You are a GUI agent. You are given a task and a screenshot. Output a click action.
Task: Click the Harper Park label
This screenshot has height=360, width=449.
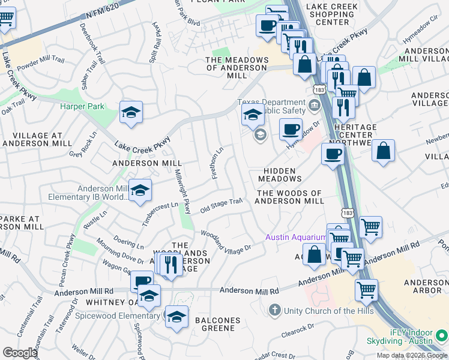(x=82, y=107)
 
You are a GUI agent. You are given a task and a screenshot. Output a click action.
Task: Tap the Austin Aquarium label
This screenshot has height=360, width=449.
(x=296, y=238)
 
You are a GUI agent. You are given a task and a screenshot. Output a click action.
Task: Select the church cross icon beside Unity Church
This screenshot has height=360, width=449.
(x=274, y=310)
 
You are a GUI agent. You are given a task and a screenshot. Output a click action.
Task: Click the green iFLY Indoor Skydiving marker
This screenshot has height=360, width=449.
(x=442, y=335)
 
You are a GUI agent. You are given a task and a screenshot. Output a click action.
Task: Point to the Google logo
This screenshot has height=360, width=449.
(x=19, y=353)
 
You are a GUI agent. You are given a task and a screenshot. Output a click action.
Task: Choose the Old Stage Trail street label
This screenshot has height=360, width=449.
(x=221, y=205)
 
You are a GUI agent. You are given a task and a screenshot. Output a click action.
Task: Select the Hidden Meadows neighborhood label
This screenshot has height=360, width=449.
(x=280, y=175)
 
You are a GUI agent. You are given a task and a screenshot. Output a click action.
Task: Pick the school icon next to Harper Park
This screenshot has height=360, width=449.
(x=131, y=112)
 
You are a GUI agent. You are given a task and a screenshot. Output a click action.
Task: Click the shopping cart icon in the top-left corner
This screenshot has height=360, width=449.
(x=5, y=19)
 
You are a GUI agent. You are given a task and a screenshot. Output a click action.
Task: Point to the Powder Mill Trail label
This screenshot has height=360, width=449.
(x=40, y=60)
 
